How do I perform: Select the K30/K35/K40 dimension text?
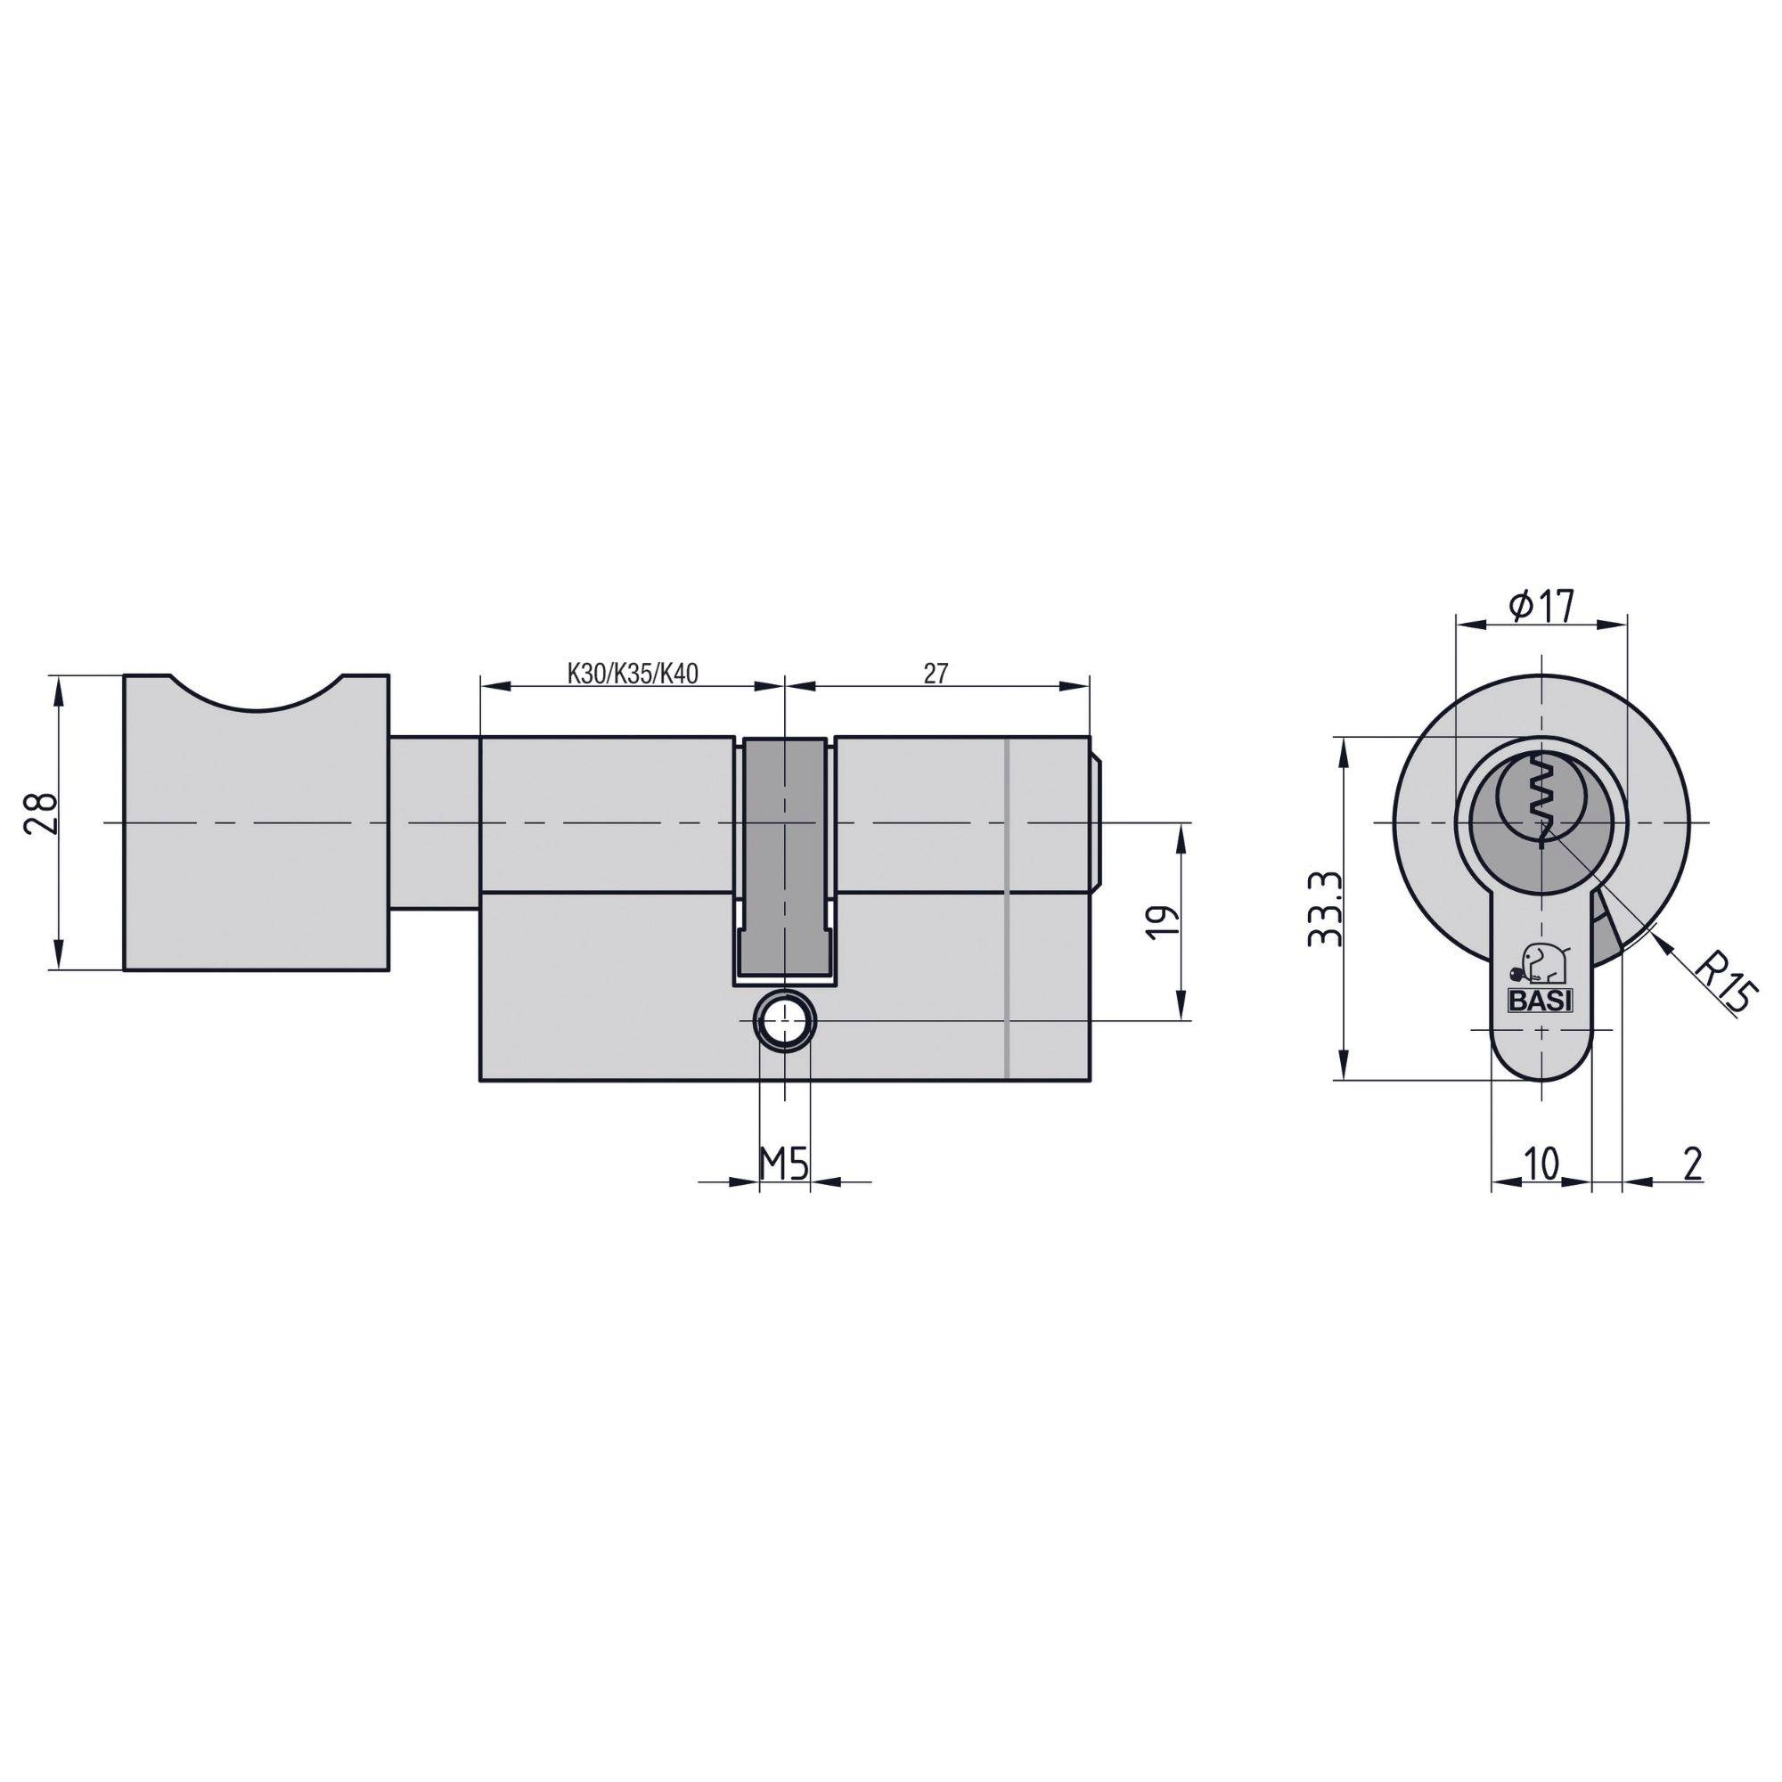coord(632,674)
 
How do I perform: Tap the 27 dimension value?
coord(936,674)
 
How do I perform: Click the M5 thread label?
coord(784,1165)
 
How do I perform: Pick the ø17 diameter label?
coord(1541,606)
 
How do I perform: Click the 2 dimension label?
coord(1692,1163)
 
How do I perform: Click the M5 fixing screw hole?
coord(784,1021)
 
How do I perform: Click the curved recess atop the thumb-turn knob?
coord(257,693)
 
